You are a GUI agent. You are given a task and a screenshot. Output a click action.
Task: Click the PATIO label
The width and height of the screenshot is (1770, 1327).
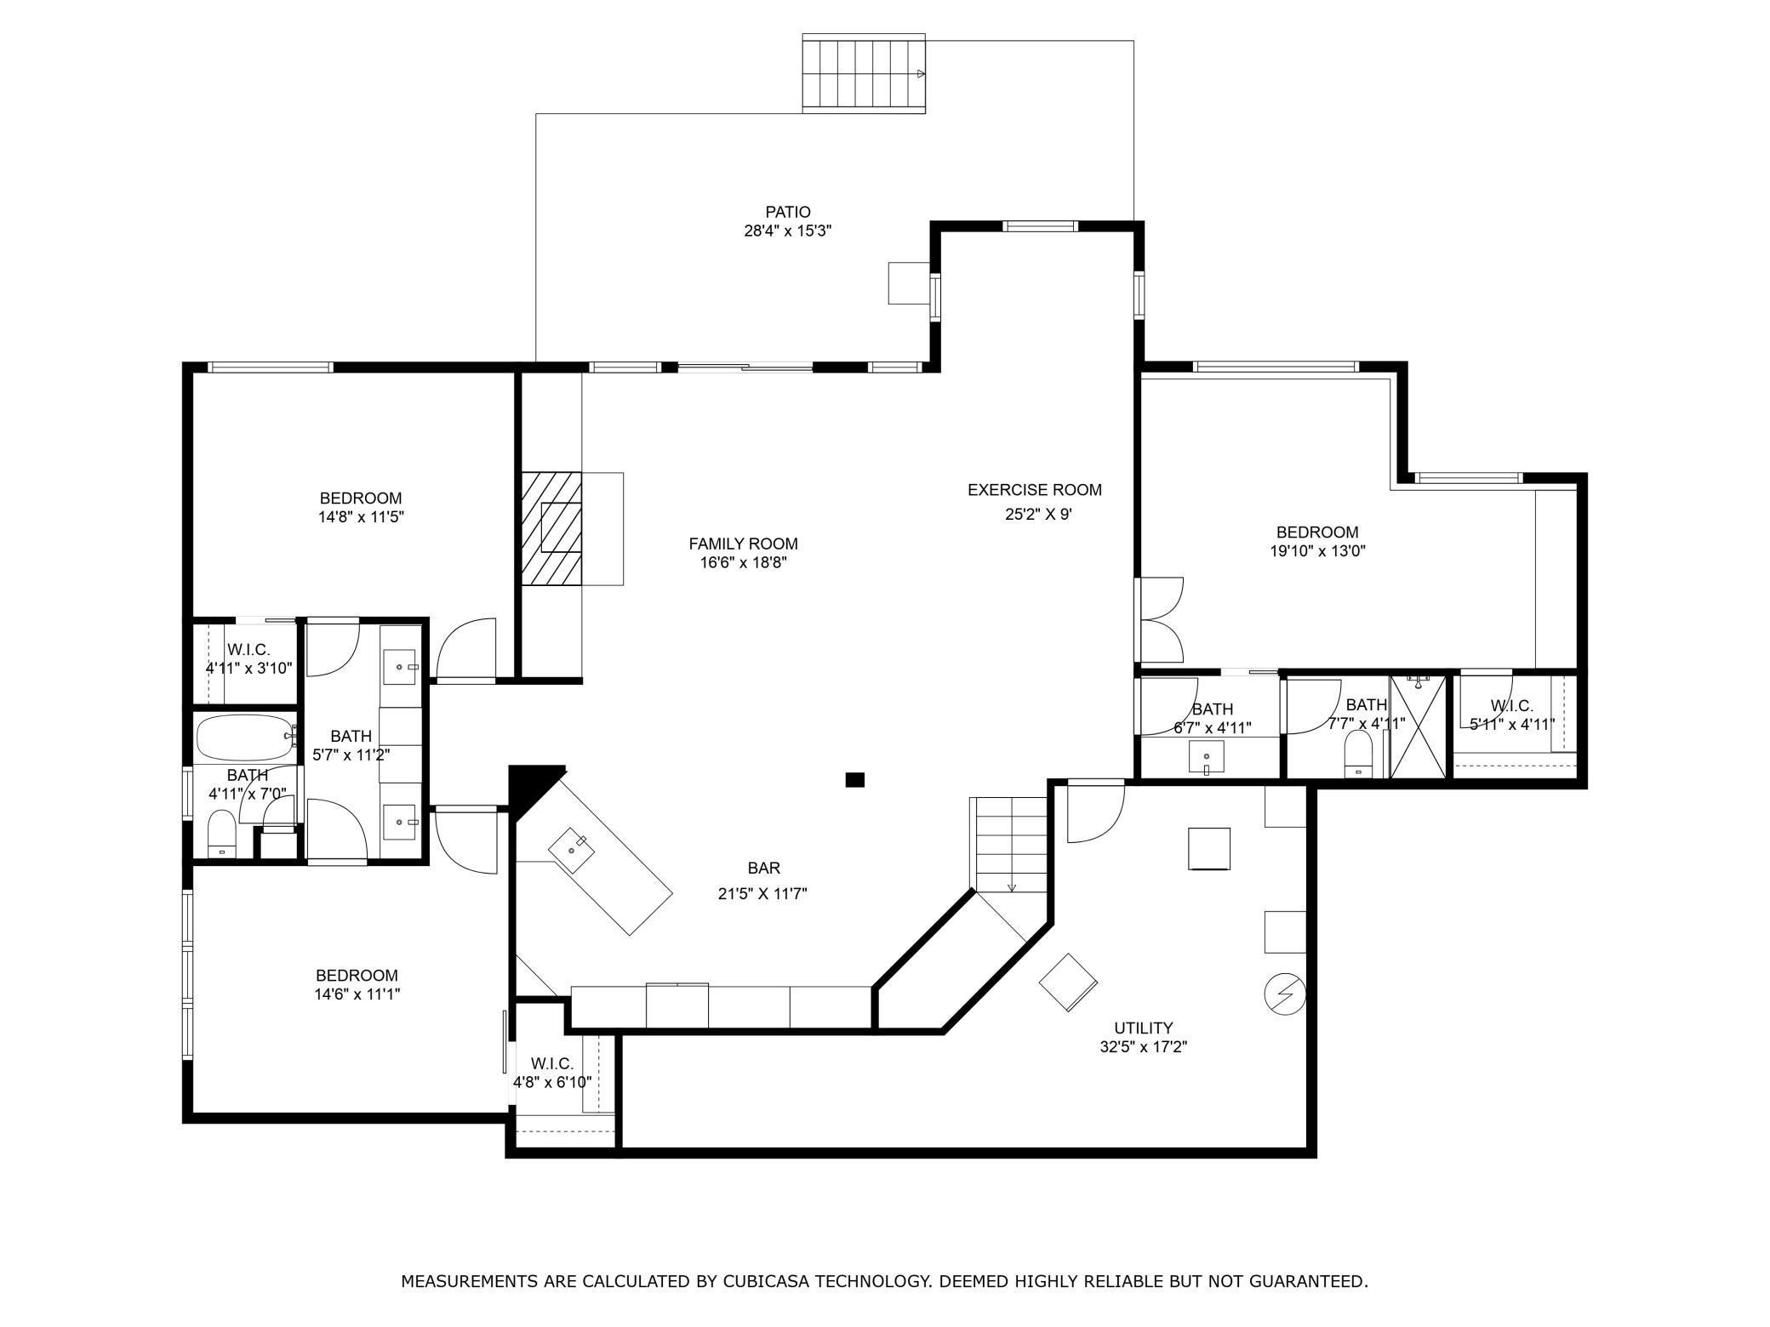[x=787, y=212]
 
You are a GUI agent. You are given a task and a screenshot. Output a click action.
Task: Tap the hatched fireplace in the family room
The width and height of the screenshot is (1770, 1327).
[x=551, y=528]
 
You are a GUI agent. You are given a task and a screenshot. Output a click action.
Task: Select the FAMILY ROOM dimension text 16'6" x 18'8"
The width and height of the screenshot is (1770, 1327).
[x=743, y=562]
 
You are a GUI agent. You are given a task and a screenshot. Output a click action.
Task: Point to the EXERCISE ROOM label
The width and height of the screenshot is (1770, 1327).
[x=1034, y=490]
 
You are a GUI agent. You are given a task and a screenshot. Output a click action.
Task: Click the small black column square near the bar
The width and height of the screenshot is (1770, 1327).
[x=854, y=779]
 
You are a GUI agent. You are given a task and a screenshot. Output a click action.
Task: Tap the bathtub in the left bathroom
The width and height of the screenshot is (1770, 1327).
[x=245, y=737]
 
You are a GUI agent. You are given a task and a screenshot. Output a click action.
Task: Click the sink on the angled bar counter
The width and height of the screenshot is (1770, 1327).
[x=572, y=846]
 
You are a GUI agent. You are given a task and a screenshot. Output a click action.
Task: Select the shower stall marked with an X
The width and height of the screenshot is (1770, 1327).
[x=1418, y=726]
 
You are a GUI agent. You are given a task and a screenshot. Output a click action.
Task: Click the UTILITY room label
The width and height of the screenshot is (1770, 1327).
[x=1143, y=1028]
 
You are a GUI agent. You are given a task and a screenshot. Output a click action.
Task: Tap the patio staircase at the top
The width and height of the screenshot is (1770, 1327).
[x=864, y=74]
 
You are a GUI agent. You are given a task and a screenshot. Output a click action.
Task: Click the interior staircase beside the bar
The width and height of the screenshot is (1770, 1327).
[x=1010, y=844]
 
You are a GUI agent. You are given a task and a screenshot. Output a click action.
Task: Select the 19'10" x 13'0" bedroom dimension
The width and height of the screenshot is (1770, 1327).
[x=1317, y=551]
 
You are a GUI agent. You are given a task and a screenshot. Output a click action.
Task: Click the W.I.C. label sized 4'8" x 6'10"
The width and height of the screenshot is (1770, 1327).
[x=551, y=1063]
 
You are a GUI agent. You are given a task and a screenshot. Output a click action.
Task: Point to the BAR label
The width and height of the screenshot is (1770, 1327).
[x=763, y=869]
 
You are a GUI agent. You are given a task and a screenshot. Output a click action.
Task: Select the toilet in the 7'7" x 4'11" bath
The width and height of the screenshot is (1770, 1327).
[x=1358, y=754]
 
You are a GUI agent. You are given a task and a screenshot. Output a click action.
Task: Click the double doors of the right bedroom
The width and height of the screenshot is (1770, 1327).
[x=1161, y=620]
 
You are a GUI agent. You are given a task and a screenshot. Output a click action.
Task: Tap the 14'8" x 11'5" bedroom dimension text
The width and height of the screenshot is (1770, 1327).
[x=360, y=516]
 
